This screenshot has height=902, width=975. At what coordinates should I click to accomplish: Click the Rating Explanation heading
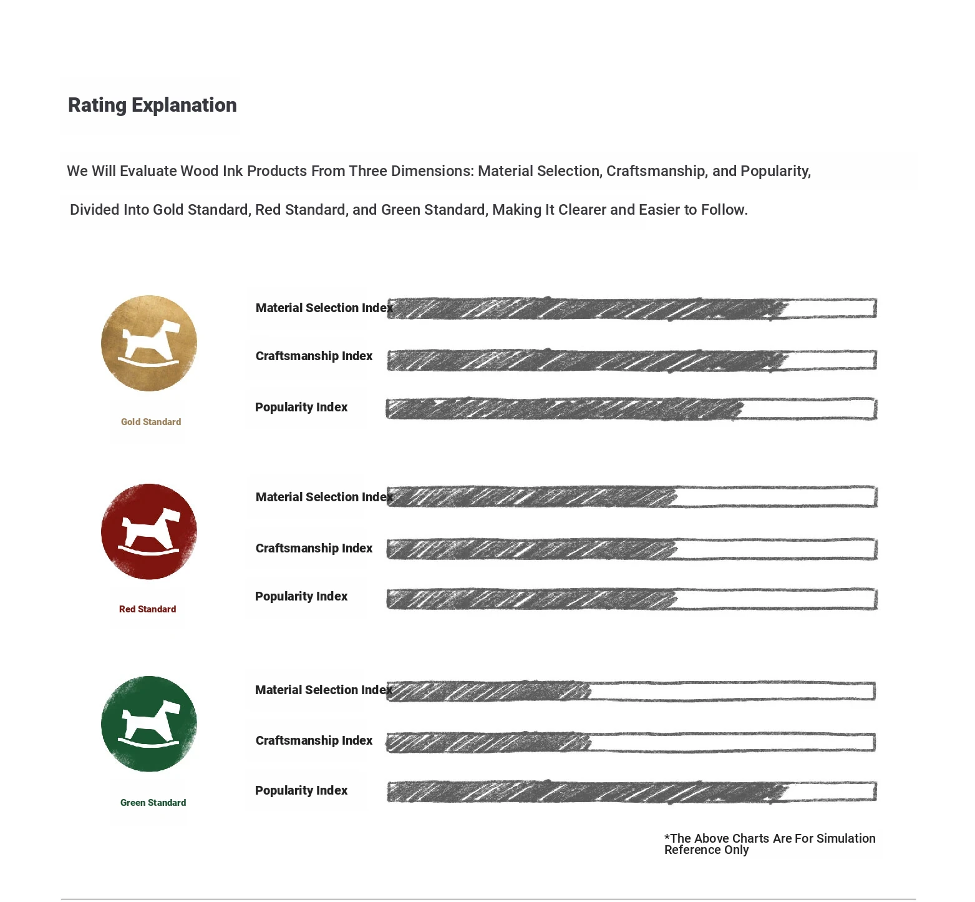tap(152, 105)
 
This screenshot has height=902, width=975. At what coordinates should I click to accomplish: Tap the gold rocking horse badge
tap(149, 343)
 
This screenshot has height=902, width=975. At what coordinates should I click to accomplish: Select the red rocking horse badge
tap(149, 532)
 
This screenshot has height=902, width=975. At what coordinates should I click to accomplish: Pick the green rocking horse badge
tap(149, 724)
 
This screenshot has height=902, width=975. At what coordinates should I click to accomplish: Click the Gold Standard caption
tap(151, 422)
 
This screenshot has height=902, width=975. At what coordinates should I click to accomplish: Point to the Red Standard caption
tap(147, 609)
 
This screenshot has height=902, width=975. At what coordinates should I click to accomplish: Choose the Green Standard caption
tap(153, 803)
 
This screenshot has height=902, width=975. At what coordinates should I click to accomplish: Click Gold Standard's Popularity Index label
tap(301, 408)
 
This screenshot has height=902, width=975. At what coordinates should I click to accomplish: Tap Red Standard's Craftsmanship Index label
tap(314, 549)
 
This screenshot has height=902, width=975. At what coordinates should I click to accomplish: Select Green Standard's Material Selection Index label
tap(323, 690)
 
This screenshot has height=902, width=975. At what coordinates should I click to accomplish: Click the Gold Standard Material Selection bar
tap(631, 308)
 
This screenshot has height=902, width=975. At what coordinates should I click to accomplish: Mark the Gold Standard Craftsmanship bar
tap(631, 360)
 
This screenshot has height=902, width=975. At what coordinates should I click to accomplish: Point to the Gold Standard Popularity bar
tap(631, 409)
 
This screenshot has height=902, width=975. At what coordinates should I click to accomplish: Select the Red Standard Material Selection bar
tap(631, 497)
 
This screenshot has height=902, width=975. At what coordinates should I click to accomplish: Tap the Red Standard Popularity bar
tap(631, 599)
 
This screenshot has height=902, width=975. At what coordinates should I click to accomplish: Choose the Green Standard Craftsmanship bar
tap(630, 742)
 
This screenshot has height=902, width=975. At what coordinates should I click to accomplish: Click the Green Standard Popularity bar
tap(631, 792)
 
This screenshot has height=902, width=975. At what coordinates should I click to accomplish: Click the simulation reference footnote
tap(769, 844)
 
